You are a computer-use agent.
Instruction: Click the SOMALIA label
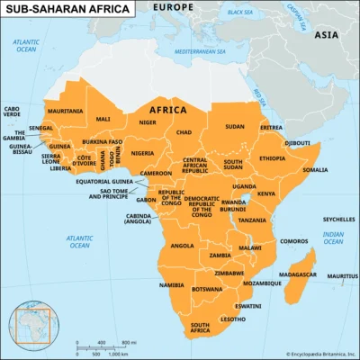tap(315, 169)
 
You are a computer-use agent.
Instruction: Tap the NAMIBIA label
tap(172, 284)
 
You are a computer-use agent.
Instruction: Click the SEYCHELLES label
tap(338, 219)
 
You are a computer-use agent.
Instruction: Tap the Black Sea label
tap(240, 13)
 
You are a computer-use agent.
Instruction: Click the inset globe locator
tap(28, 328)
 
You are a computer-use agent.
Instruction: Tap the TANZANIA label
tap(252, 220)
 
